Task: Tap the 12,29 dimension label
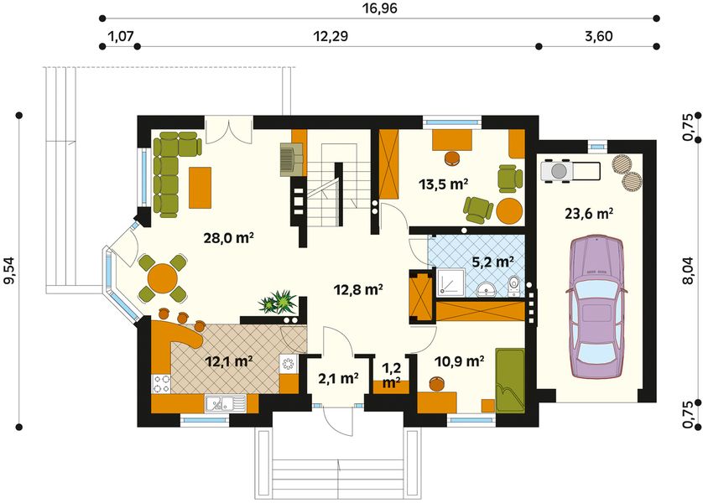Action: pyautogui.click(x=331, y=36)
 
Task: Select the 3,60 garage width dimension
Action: pyautogui.click(x=598, y=36)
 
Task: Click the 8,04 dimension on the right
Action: pyautogui.click(x=694, y=269)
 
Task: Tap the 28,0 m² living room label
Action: pyautogui.click(x=229, y=238)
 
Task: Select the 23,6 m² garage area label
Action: pyautogui.click(x=589, y=214)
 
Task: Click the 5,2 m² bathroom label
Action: pyautogui.click(x=493, y=261)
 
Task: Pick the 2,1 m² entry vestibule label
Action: pyautogui.click(x=338, y=379)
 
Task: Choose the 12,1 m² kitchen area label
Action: pyautogui.click(x=229, y=361)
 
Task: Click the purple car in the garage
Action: pyautogui.click(x=596, y=307)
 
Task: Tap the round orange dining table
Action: pyautogui.click(x=162, y=278)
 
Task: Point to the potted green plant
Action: pyautogui.click(x=278, y=302)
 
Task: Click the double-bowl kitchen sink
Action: pyautogui.click(x=226, y=404)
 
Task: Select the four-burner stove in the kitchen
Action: pyautogui.click(x=161, y=384)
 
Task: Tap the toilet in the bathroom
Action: pyautogui.click(x=513, y=286)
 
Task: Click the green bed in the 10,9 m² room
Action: pyautogui.click(x=510, y=381)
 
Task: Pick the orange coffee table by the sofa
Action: pyautogui.click(x=200, y=188)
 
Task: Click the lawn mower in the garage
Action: pyautogui.click(x=570, y=171)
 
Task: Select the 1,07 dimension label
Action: pyautogui.click(x=122, y=36)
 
